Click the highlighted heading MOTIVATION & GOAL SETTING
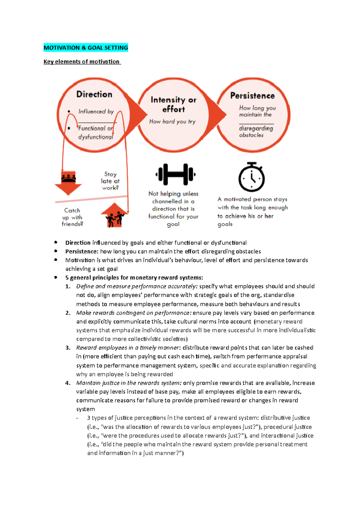[x=86, y=48]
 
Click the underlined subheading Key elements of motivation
[x=82, y=62]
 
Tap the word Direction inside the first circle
[x=94, y=94]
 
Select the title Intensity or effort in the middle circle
[x=173, y=104]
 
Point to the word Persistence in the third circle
[x=252, y=96]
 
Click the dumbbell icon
[x=175, y=174]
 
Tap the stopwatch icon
[x=251, y=177]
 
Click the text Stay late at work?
[x=110, y=181]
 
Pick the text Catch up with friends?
[x=72, y=217]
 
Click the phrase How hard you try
[x=172, y=121]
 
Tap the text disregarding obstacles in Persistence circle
[x=256, y=132]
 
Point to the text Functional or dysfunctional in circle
[x=96, y=132]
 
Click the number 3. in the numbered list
[x=68, y=348]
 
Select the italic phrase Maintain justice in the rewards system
[x=128, y=383]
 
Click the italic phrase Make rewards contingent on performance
[x=133, y=313]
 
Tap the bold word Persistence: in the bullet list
[x=82, y=251]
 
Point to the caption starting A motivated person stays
[x=252, y=211]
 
